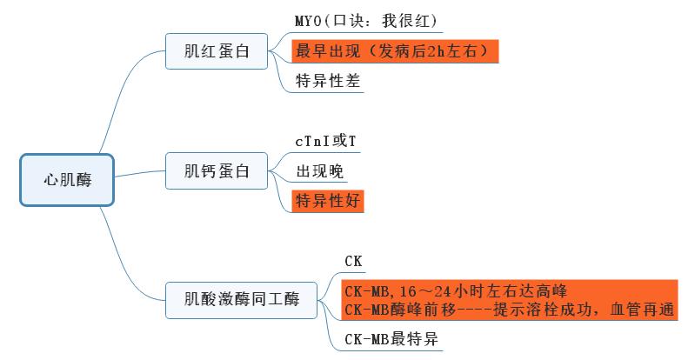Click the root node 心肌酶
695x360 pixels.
67,180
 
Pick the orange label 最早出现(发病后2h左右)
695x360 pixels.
395,50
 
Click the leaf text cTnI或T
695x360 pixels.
325,140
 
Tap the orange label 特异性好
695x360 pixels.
328,201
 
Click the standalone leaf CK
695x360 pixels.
353,261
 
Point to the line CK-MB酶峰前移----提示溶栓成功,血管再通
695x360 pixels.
510,309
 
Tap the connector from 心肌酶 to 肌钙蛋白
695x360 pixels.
139,175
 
